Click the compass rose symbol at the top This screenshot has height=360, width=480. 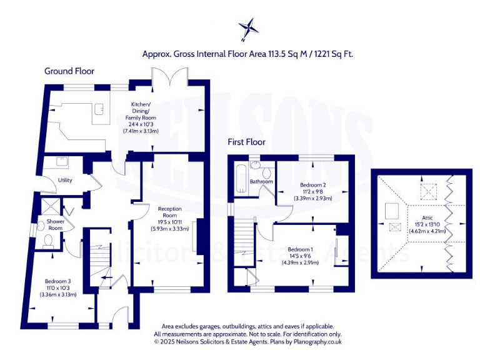pyautogui.click(x=248, y=28)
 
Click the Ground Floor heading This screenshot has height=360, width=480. pyautogui.click(x=68, y=71)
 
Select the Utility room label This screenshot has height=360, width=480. pyautogui.click(x=65, y=180)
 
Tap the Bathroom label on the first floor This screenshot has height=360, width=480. pyautogui.click(x=261, y=182)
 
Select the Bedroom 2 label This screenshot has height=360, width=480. pyautogui.click(x=313, y=185)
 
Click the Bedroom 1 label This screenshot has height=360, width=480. pyautogui.click(x=301, y=249)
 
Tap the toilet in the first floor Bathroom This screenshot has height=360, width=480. pyautogui.click(x=267, y=172)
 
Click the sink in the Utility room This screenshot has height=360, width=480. pyautogui.click(x=62, y=162)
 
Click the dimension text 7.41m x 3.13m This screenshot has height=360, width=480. pyautogui.click(x=141, y=131)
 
